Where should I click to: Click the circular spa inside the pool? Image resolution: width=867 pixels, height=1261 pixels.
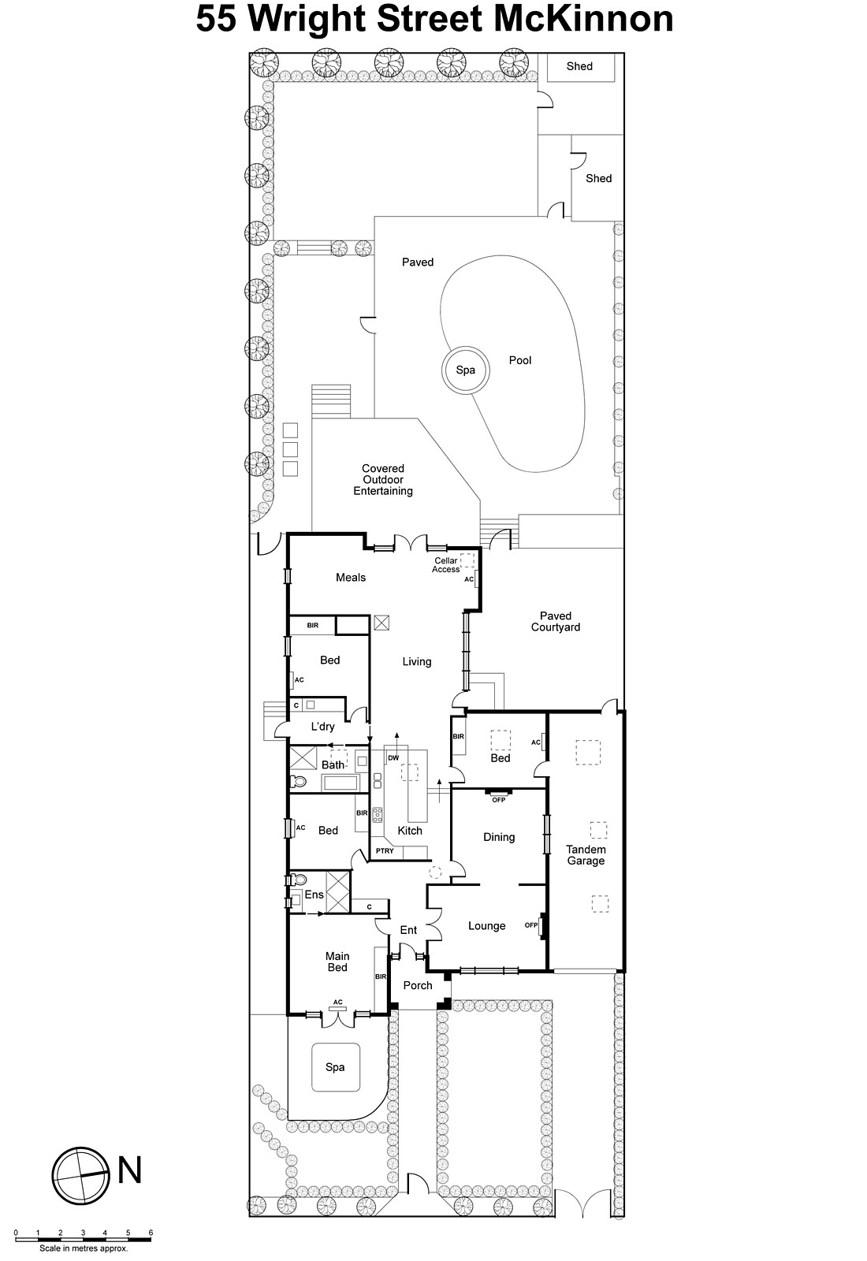click(465, 370)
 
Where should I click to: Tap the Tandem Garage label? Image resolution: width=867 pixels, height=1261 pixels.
click(586, 855)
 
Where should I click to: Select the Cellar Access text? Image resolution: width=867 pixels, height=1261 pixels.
click(445, 565)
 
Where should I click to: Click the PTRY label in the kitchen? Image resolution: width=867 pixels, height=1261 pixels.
click(385, 851)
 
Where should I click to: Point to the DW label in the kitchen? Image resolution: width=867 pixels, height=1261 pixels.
click(393, 758)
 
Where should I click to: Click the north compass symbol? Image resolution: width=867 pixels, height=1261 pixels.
click(80, 1174)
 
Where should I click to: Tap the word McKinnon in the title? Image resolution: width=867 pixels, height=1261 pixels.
click(583, 20)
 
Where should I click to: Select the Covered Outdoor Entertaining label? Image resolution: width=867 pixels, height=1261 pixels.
click(383, 479)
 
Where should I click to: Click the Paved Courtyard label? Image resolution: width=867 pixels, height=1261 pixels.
click(556, 622)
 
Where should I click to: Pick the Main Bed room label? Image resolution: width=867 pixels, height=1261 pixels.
click(337, 962)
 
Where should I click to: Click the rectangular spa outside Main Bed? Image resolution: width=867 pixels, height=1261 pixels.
click(336, 1067)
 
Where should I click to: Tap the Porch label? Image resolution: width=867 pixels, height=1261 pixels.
click(418, 985)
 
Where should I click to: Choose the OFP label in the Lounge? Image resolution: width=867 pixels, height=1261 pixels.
click(531, 925)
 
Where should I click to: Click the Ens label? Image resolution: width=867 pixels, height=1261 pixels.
click(314, 895)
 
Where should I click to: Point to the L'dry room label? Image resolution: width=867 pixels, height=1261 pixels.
click(322, 727)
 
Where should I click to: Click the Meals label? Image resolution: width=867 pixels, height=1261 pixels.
click(351, 578)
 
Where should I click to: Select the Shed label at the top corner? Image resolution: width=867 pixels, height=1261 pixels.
click(579, 66)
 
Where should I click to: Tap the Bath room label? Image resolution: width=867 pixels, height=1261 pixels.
click(333, 764)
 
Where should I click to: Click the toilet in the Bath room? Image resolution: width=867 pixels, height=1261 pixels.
click(297, 782)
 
